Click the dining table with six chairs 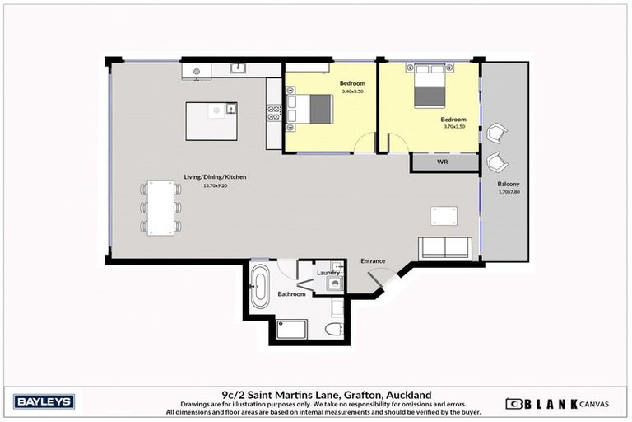160,206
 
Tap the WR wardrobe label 442,162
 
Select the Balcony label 508,183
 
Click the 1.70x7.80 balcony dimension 509,191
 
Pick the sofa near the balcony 445,248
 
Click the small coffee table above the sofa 444,216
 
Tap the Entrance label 373,260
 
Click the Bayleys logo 44,401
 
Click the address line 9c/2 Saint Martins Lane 315,394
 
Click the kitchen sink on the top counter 236,69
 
